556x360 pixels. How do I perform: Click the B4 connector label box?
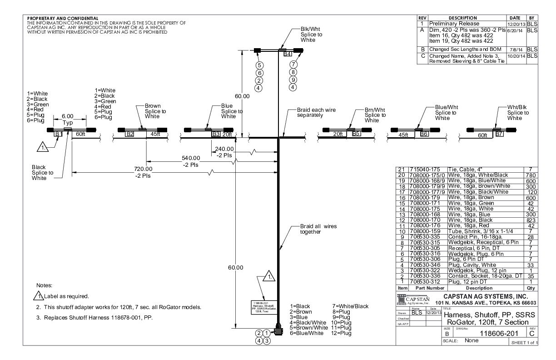287,55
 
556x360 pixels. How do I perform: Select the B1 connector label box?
58,134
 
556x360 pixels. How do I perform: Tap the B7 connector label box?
499,134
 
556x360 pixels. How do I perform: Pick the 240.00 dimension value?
224,149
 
